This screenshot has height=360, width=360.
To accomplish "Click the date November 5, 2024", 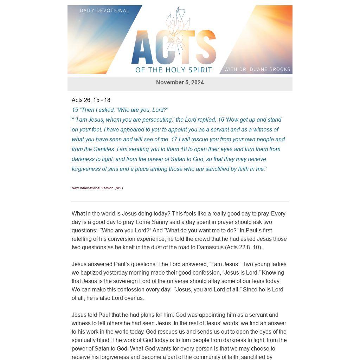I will [180, 83].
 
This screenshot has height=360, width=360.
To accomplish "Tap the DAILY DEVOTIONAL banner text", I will [104, 11].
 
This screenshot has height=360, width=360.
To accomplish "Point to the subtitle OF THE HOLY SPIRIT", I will [174, 70].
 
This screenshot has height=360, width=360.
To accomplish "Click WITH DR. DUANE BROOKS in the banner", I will [257, 69].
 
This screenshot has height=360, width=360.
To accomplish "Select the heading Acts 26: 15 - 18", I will [91, 100].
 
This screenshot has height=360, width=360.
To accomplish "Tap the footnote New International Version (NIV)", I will [97, 188].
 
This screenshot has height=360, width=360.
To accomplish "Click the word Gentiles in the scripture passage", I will [104, 149].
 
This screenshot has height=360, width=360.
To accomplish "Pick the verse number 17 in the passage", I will [174, 139].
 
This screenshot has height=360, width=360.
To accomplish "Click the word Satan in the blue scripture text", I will [178, 159].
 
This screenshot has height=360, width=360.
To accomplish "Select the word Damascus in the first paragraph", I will [210, 247].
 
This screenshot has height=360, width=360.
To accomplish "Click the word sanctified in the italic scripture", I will [220, 169].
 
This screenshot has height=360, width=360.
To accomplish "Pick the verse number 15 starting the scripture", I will [75, 110].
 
